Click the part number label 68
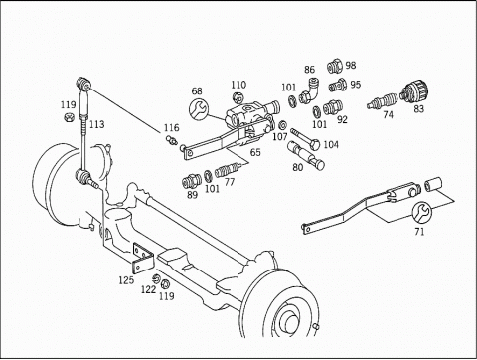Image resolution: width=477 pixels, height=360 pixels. [197, 90]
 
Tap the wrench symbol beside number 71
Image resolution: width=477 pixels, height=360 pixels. [421, 212]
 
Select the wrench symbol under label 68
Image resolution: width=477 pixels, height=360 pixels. [199, 108]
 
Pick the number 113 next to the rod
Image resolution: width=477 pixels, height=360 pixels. [97, 124]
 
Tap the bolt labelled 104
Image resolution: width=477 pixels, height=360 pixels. [305, 138]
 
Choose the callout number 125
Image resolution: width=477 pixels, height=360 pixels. [126, 280]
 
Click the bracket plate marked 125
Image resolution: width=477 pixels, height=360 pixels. [143, 258]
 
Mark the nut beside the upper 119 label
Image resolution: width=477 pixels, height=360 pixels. [68, 117]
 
